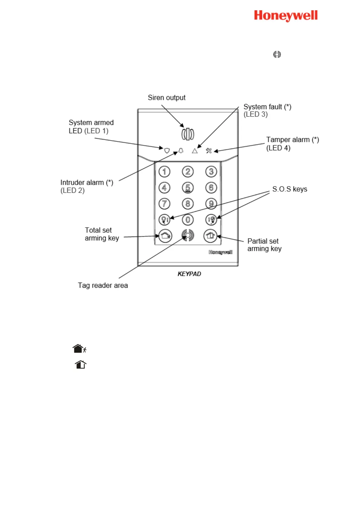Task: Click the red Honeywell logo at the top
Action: [286, 16]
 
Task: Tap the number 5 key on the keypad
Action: [188, 188]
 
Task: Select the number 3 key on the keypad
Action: [211, 172]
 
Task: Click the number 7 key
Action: [164, 204]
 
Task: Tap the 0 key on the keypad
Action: [188, 220]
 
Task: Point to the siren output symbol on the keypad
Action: [188, 134]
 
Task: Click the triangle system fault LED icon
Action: [195, 151]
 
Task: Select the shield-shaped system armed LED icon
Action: [167, 151]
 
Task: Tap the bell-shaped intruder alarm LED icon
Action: [181, 151]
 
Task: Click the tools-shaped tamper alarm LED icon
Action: [209, 151]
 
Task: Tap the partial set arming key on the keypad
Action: [210, 236]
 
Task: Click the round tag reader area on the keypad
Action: [188, 235]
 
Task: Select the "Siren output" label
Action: [167, 98]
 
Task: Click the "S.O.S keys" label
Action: [290, 189]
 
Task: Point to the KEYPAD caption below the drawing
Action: [189, 274]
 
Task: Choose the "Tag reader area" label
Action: [103, 285]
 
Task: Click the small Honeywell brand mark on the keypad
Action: [221, 252]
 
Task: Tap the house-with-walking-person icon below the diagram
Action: [79, 349]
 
